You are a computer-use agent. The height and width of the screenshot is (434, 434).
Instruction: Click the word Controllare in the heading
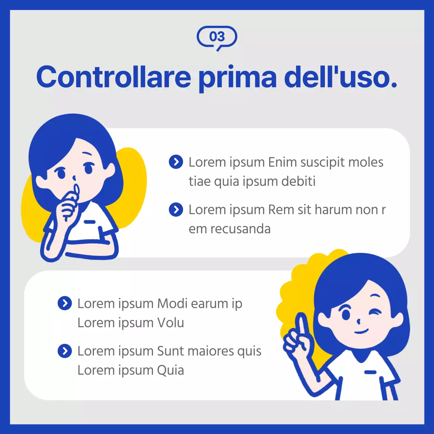tap(114, 77)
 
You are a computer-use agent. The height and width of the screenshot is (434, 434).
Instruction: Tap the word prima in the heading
tap(237, 78)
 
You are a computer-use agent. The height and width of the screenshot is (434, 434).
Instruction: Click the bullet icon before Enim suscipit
tap(176, 162)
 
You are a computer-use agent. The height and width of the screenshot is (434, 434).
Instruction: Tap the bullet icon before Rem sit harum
tap(176, 210)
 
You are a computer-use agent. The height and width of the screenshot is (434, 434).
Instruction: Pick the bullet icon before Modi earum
tap(65, 303)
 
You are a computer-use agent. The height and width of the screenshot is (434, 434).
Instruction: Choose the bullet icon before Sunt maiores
tap(65, 351)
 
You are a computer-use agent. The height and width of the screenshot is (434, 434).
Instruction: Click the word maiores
tap(211, 351)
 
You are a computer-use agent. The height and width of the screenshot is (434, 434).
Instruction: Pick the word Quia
tap(171, 370)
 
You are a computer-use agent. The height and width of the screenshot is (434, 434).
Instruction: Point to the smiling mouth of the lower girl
tap(361, 331)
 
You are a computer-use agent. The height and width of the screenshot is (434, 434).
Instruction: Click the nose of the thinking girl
tap(74, 178)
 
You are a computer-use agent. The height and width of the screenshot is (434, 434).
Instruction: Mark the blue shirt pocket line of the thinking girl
tap(90, 222)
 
